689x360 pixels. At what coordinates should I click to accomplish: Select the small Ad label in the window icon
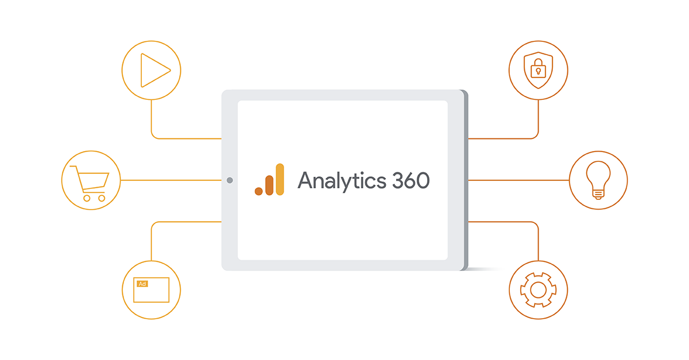142,284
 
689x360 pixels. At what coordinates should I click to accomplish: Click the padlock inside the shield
539,68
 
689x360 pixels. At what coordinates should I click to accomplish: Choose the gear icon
539,290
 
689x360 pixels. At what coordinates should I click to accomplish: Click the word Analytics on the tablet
342,181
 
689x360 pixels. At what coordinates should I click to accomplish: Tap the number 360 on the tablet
411,180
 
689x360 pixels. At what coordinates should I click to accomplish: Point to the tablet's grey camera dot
230,180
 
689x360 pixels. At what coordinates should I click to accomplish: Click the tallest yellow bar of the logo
280,179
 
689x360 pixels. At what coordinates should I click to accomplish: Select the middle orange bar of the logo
269,185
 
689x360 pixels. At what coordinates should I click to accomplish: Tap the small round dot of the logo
259,191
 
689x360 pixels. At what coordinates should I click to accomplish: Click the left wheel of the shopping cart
87,199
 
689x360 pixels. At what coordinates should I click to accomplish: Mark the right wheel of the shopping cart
102,199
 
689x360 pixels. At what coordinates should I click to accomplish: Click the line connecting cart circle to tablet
171,180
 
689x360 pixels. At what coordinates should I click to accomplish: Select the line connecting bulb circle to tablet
518,180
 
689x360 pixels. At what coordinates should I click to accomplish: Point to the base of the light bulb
598,195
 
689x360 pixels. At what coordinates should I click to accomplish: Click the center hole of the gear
539,290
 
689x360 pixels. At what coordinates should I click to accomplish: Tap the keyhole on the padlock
539,72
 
